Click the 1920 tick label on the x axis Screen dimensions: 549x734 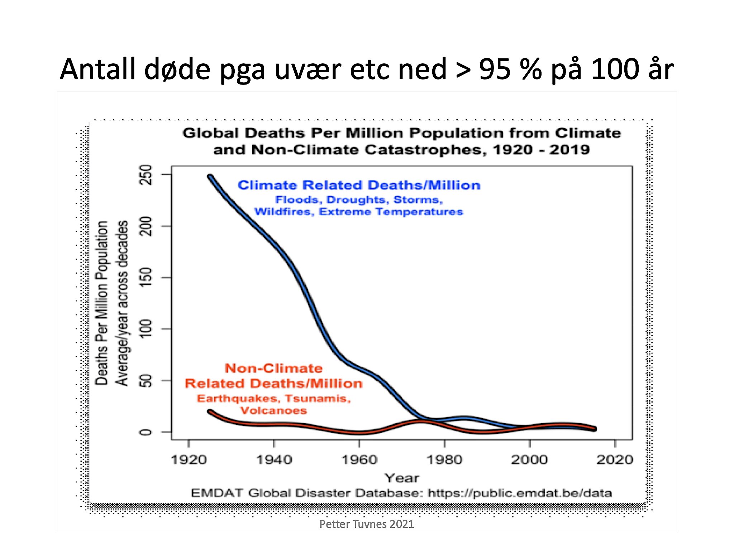tap(189, 460)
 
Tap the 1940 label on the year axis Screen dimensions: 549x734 tap(274, 460)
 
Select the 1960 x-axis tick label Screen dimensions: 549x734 tap(359, 460)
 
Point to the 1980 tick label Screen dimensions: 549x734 tap(444, 460)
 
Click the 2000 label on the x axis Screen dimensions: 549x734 tap(529, 460)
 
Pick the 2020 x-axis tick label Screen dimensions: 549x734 tap(615, 460)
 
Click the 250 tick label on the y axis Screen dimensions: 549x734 tap(146, 174)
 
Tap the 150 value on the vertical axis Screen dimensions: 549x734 tap(146, 277)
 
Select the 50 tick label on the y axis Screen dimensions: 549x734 tap(146, 380)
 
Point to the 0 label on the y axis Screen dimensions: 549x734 tap(146, 432)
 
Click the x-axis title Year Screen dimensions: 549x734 tap(401, 478)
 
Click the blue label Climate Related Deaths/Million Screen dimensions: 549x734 tap(359, 185)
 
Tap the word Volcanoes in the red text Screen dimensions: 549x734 tap(273, 410)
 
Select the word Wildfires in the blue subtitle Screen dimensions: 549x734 tap(284, 212)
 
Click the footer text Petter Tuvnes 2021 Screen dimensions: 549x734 tap(367, 524)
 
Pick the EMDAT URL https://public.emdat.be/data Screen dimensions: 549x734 tap(520, 493)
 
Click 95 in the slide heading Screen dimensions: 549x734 tap(495, 69)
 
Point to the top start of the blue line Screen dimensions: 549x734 tap(210, 177)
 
